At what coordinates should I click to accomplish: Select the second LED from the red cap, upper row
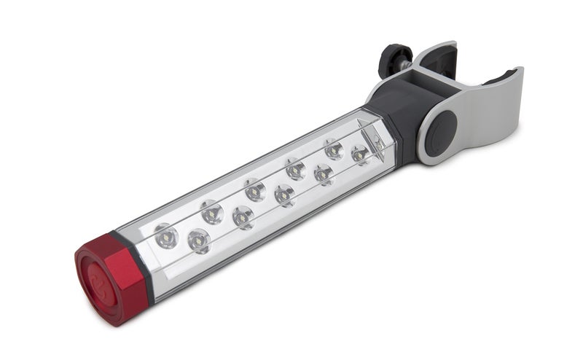(212, 213)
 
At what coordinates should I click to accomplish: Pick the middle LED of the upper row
(254, 191)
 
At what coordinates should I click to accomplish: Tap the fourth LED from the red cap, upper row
(295, 170)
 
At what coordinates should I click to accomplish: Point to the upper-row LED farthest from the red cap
(334, 149)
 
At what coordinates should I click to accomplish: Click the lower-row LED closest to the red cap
(198, 240)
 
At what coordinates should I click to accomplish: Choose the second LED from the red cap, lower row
(243, 217)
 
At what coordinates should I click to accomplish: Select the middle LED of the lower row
(284, 195)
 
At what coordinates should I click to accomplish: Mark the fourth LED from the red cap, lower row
(323, 174)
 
